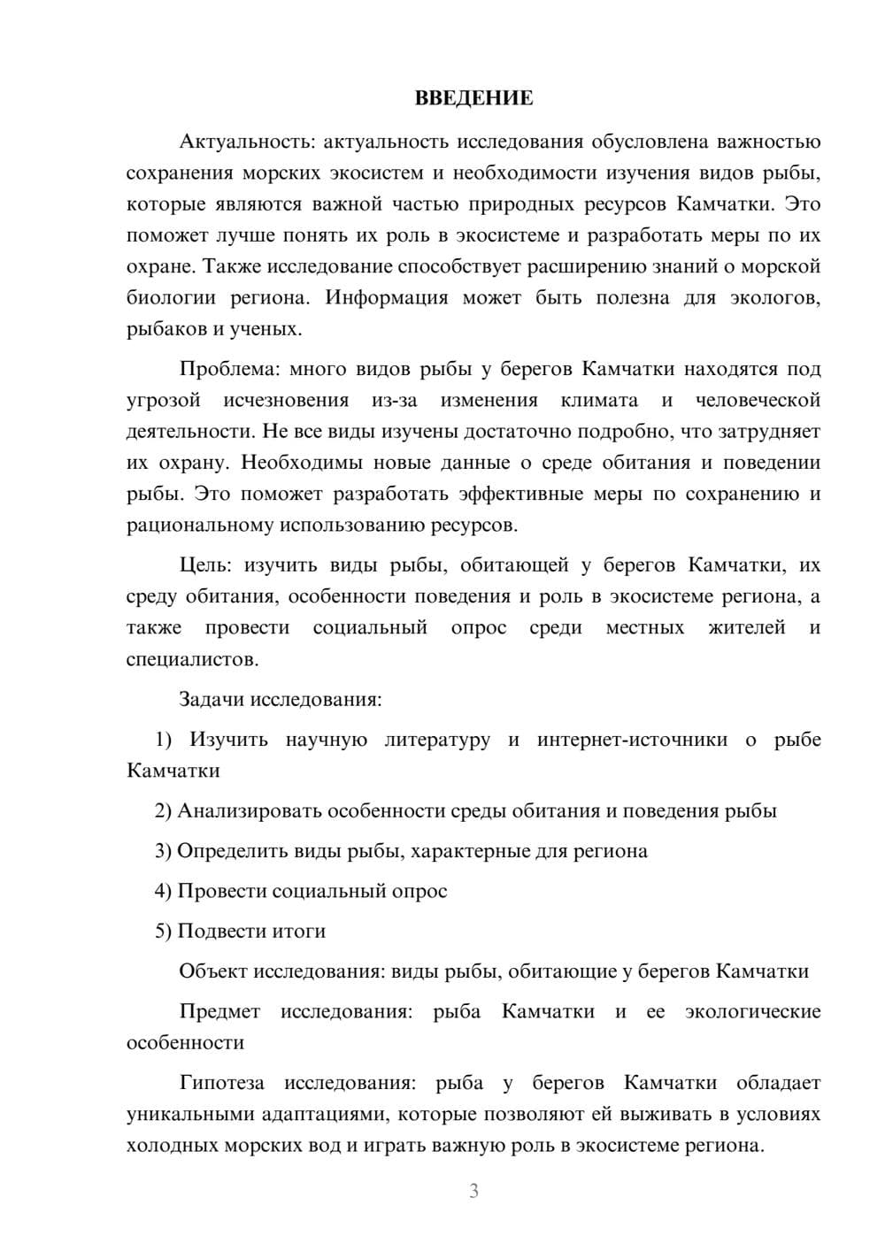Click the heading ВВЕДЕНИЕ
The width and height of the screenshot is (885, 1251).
click(473, 98)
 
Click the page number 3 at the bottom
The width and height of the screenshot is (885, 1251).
click(473, 1191)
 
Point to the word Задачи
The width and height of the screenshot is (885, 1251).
click(212, 699)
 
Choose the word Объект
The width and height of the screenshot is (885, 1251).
click(213, 971)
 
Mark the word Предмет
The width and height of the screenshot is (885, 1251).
click(219, 1011)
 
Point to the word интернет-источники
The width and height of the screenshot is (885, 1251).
click(632, 739)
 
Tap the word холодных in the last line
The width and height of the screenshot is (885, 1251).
click(167, 1145)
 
